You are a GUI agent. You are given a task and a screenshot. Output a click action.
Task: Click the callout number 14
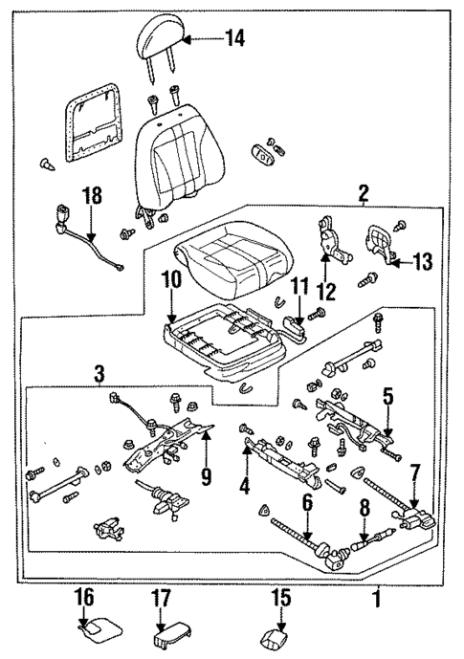click(x=233, y=38)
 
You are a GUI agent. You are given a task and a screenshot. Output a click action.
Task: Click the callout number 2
click(x=363, y=194)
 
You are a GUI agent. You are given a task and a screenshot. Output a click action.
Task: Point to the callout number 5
click(x=388, y=394)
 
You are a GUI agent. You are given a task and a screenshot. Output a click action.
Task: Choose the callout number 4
click(x=246, y=486)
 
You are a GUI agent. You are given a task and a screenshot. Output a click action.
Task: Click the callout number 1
click(x=376, y=603)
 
